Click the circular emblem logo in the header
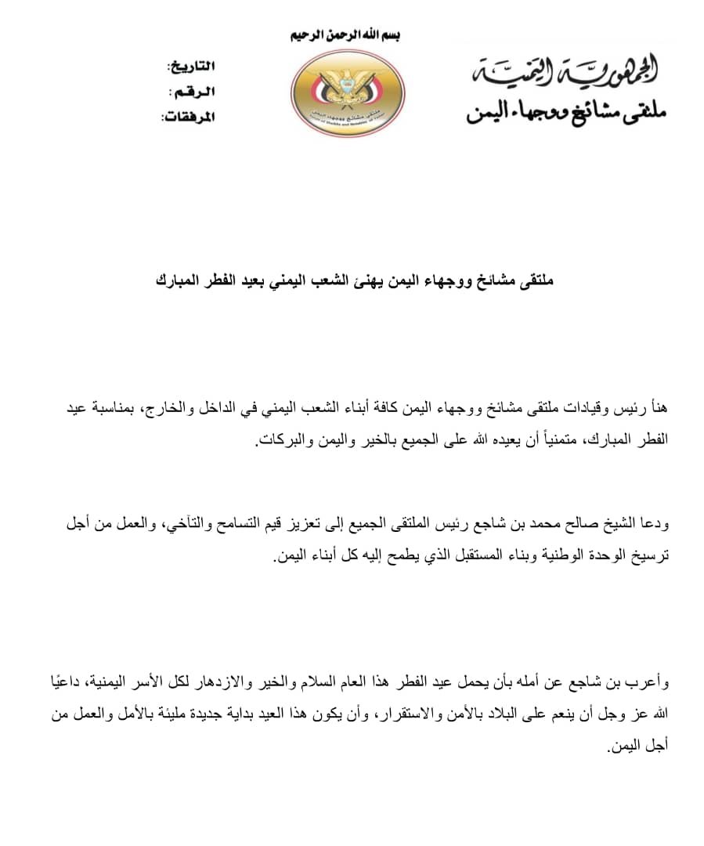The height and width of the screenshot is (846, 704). [348, 92]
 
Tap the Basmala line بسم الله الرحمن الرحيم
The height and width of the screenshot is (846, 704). [347, 36]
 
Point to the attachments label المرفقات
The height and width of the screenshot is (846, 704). [188, 117]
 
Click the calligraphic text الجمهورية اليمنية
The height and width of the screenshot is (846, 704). [566, 73]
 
